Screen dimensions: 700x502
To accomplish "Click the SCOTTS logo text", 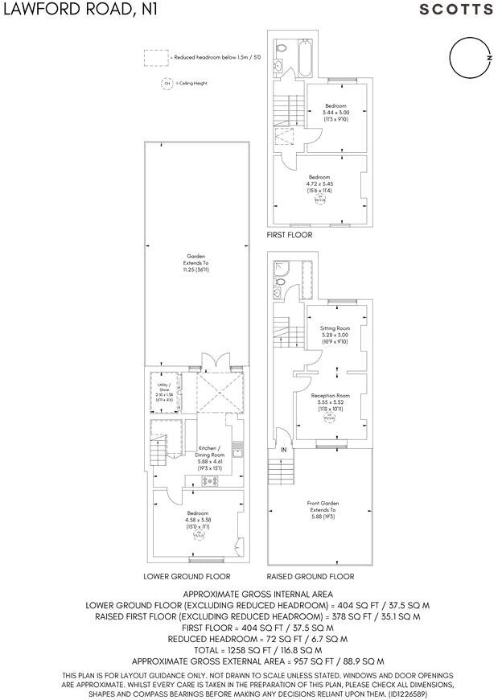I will point(456,10).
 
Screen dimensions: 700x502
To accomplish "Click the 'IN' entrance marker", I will point(283,449).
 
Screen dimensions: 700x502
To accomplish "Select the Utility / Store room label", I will point(163,389).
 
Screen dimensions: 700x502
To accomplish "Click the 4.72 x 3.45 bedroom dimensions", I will point(319,184).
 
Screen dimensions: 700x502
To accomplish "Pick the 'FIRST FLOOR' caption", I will point(290,235).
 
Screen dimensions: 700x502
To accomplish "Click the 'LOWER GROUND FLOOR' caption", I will point(187,577).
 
